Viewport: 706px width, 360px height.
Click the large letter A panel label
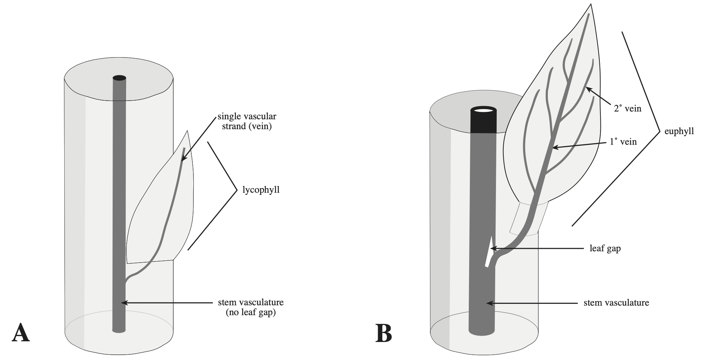21,333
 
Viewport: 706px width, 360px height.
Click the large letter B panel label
384,333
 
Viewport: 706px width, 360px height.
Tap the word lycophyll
261,190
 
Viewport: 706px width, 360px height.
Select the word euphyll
679,131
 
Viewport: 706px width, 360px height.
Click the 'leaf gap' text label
605,248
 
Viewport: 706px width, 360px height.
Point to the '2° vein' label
627,109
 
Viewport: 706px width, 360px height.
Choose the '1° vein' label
623,142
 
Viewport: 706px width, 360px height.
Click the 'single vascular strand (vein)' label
247,121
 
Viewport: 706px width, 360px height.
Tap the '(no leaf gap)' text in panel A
251,312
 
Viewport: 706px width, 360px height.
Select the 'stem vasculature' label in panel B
616,303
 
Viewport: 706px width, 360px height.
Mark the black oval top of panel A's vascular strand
119,78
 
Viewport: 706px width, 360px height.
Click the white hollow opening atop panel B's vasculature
483,110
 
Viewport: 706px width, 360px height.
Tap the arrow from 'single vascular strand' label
199,138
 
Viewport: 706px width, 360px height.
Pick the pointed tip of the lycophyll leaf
187,131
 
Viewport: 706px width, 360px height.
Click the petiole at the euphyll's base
529,219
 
